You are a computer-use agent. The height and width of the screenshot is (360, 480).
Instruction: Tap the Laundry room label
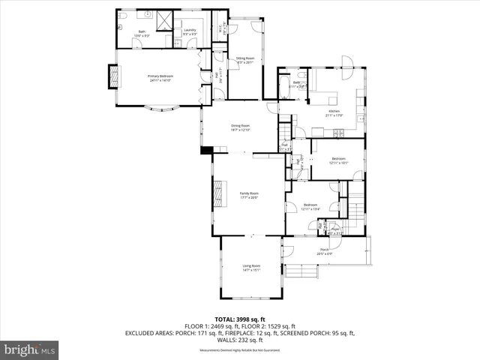(x=190, y=33)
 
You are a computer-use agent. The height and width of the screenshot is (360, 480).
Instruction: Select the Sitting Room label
(x=245, y=61)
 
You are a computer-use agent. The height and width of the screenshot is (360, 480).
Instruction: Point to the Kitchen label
(x=334, y=113)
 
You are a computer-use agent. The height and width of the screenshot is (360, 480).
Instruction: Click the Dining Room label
(x=240, y=127)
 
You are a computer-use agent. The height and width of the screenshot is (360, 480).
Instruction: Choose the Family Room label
(x=248, y=195)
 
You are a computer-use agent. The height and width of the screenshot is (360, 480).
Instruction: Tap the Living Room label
(x=251, y=268)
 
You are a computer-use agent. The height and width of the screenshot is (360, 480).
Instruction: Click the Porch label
(x=325, y=251)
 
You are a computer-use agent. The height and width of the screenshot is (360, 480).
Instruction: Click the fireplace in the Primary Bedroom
(x=114, y=77)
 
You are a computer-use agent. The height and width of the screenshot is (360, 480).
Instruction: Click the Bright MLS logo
(x=30, y=349)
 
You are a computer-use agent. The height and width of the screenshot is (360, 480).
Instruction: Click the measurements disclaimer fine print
(x=240, y=350)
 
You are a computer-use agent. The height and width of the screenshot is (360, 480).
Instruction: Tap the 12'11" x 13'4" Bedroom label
(x=310, y=206)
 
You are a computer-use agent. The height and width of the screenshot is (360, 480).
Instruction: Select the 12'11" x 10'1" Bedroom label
(x=339, y=160)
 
